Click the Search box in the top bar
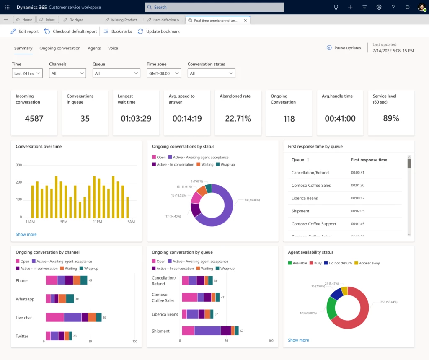tap(214, 7)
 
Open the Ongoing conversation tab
tap(60, 48)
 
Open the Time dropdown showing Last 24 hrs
tap(27, 73)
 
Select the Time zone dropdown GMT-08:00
tap(164, 73)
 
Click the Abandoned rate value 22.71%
tap(238, 119)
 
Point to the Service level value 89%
tap(391, 119)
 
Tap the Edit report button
tap(25, 31)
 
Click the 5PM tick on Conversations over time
tap(64, 221)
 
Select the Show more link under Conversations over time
tap(26, 234)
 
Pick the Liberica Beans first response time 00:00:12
tap(357, 198)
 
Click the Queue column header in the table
tap(298, 160)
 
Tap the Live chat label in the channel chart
tap(24, 318)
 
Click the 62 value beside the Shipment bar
tap(242, 331)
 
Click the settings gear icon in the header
tap(379, 7)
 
